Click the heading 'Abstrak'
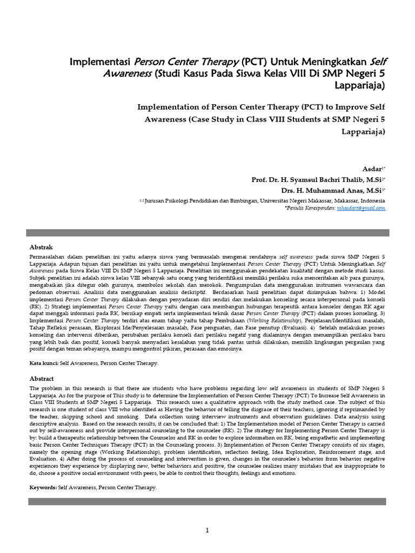tap(42, 246)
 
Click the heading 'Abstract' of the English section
tap(42, 379)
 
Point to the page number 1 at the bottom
tap(207, 531)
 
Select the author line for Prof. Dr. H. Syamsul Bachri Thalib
tap(318, 180)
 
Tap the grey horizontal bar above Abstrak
tap(207, 233)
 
